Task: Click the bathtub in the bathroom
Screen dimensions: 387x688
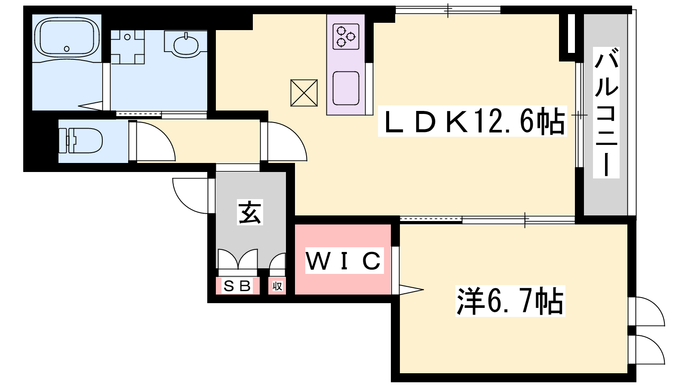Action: (x=67, y=37)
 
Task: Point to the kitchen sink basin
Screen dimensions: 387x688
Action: (x=346, y=88)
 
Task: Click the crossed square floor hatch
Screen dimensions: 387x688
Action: (x=304, y=93)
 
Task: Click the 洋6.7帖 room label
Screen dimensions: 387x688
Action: (x=510, y=301)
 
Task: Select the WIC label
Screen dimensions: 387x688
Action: (x=343, y=261)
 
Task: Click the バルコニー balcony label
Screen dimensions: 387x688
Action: (x=606, y=113)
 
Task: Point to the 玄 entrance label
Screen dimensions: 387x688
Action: (x=250, y=212)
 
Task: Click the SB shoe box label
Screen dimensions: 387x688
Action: (x=238, y=286)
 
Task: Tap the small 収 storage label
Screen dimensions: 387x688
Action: (x=277, y=286)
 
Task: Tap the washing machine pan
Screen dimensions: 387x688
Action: (x=127, y=47)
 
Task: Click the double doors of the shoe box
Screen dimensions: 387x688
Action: (x=238, y=259)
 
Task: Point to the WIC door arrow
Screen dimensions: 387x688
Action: (x=411, y=289)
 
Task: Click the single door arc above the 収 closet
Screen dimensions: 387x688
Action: (x=278, y=261)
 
